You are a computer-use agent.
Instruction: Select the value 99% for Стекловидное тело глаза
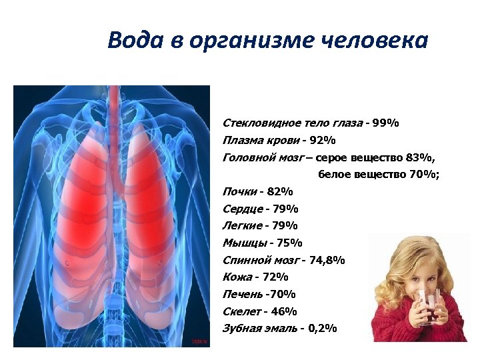click(x=386, y=123)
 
